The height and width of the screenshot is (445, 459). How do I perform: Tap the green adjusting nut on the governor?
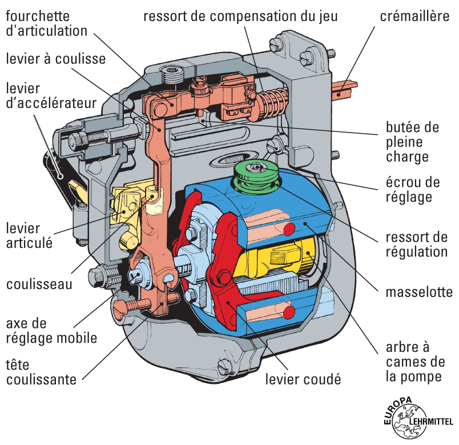click(x=257, y=175)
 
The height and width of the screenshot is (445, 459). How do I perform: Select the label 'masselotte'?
click(x=419, y=292)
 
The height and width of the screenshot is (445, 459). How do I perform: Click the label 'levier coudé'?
click(x=303, y=379)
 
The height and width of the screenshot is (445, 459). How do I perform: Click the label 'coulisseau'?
click(x=39, y=283)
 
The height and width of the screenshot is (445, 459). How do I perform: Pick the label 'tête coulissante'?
click(x=41, y=371)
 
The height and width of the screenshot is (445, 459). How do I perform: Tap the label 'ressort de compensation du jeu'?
click(x=240, y=16)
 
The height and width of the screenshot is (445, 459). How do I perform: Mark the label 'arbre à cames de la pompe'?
click(x=415, y=362)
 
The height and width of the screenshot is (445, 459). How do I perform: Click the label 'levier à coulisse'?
click(x=56, y=58)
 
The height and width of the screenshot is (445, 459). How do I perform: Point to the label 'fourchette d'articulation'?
click(x=47, y=23)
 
